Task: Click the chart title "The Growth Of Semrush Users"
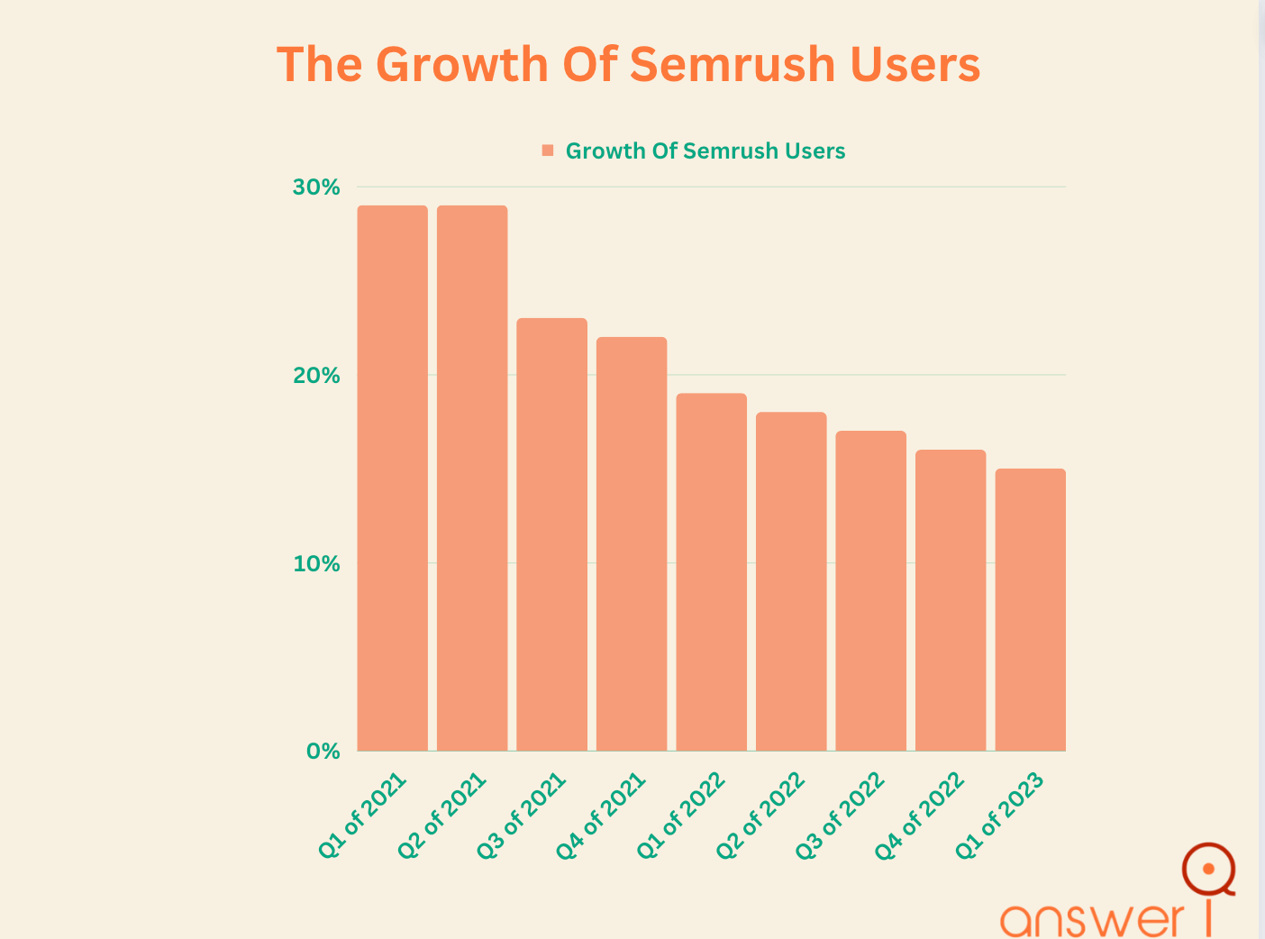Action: coord(628,65)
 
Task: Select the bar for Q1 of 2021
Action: coord(392,478)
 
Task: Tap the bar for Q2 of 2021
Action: coord(472,478)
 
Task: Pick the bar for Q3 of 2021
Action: coord(551,534)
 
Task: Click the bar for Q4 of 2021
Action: coord(632,543)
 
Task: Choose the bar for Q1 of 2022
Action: coord(711,572)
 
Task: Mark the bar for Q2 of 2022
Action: coord(791,581)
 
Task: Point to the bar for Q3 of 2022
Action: coord(870,590)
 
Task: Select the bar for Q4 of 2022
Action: coord(951,600)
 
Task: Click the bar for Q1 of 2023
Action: coord(1030,609)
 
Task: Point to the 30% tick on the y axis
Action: coord(316,187)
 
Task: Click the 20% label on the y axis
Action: coord(316,376)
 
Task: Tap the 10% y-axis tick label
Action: coord(316,564)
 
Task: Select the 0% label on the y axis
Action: coord(323,752)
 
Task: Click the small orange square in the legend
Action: coord(548,150)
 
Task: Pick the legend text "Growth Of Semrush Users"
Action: coord(705,150)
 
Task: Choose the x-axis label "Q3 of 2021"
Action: coord(523,815)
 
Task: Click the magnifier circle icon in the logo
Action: coord(1208,869)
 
